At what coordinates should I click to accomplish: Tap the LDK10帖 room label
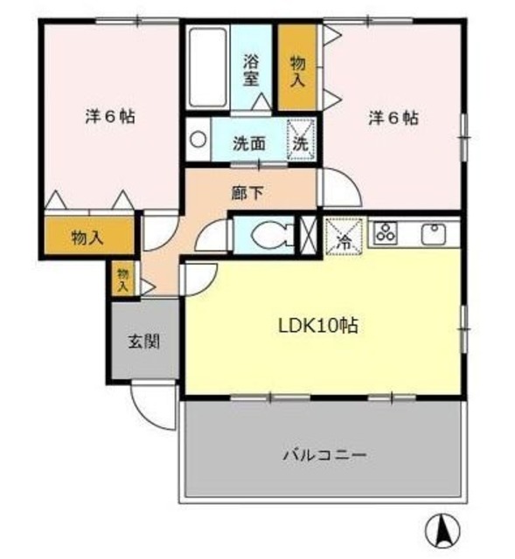coord(318,326)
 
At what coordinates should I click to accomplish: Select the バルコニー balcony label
coord(324,455)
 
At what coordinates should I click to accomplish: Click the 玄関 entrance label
coord(143,342)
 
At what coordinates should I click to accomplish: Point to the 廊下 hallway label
coord(247,193)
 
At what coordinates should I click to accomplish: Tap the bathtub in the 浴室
coord(208,67)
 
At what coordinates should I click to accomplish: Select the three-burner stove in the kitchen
coord(386,233)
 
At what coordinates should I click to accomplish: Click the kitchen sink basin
coord(434,233)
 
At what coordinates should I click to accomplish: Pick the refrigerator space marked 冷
coord(344,237)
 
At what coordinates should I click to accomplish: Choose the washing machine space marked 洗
coord(301,140)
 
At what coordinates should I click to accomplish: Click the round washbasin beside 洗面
coord(198,139)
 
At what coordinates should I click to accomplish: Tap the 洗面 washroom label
coord(249,143)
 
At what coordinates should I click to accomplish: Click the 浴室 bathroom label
coord(251,70)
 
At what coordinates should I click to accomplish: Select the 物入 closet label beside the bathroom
coord(298,72)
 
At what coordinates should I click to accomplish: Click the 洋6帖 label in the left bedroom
coord(110,116)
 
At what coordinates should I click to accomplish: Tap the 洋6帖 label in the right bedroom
coord(393,118)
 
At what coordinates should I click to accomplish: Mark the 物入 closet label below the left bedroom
coord(87,237)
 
